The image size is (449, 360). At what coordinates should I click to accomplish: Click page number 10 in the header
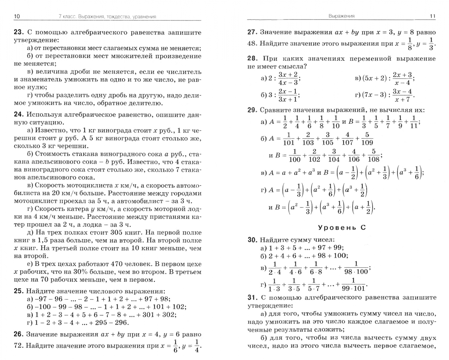pos(17,16)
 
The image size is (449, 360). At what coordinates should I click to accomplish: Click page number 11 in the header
pos(432,16)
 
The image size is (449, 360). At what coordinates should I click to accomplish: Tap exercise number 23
pos(18,32)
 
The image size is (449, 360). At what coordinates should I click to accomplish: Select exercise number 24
pos(18,115)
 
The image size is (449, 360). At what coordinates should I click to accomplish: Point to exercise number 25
pos(18,291)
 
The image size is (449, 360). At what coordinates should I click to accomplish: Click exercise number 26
pos(18,334)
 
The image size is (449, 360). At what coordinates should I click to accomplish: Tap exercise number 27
pos(252,32)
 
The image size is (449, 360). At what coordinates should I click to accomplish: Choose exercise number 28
pos(252,58)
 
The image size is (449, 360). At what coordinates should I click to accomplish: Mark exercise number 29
pos(252,110)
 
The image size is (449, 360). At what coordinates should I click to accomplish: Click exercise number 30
pos(252,239)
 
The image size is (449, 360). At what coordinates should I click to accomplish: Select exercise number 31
pos(252,297)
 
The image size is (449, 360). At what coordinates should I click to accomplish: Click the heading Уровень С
pos(341,228)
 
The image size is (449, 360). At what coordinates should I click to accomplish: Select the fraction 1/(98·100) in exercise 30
pos(356,268)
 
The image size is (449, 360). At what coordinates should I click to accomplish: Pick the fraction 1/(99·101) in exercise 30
pos(353,285)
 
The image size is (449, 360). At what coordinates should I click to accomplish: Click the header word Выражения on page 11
pos(341,16)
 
